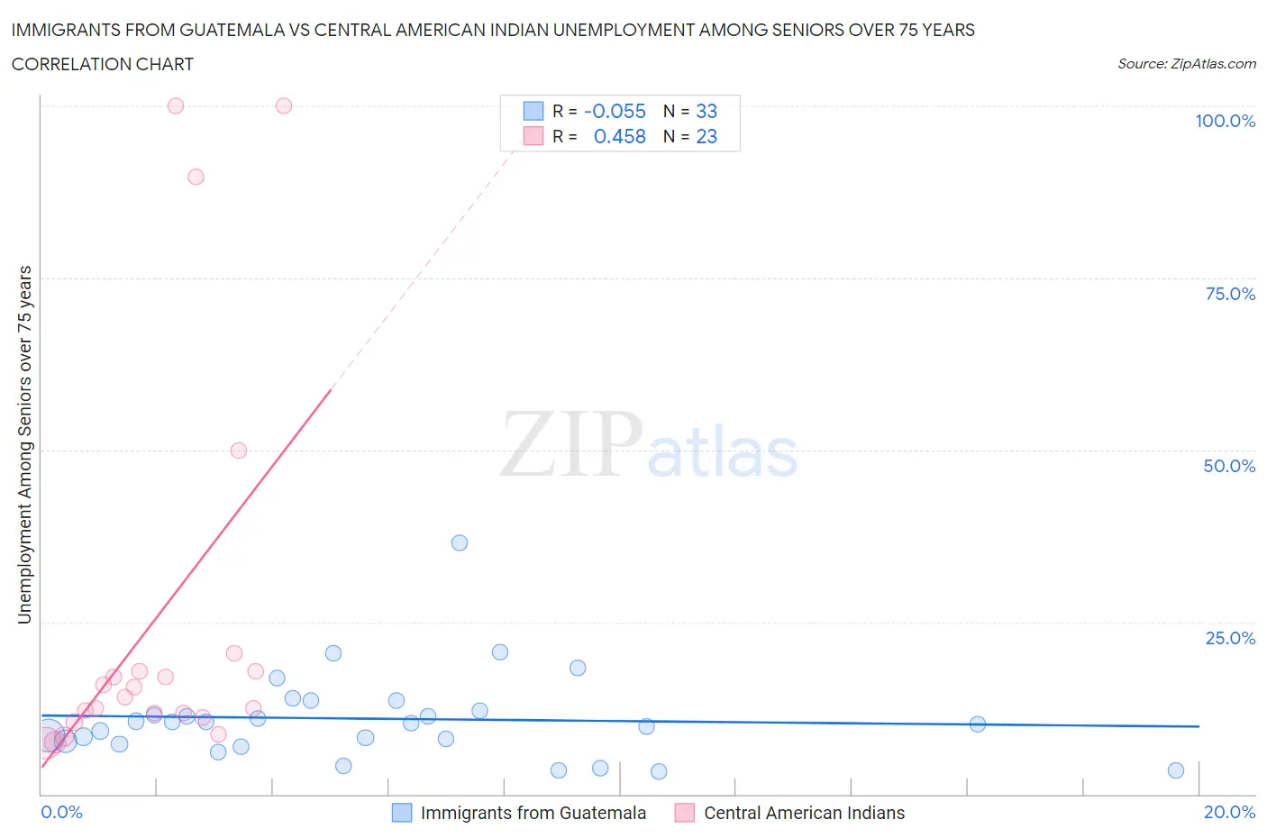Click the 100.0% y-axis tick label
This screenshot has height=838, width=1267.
coord(1225,121)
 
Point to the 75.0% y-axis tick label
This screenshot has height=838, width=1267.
coord(1229,294)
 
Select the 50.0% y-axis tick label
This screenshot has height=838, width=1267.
coord(1229,466)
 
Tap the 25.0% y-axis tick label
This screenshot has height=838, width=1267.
coord(1229,638)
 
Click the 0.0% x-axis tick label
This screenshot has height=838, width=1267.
coord(61,812)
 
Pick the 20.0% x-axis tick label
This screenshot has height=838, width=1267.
coord(1229,812)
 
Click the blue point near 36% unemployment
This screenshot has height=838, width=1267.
coord(460,542)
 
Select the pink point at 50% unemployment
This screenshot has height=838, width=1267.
coord(239,451)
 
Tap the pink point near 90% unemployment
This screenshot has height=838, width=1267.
coord(196,177)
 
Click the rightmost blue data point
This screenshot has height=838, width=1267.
coord(1176,770)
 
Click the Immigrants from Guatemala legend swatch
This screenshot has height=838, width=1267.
coord(402,813)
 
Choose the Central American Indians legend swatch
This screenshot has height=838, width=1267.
coord(685,813)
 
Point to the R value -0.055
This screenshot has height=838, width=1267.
coord(615,111)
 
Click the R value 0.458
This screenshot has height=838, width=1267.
coord(619,136)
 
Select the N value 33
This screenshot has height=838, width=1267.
coord(706,111)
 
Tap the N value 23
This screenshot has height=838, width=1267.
coord(706,136)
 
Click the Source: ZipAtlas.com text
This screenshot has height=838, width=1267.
coord(1186,63)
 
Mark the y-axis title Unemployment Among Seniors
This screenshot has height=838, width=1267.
coord(24,444)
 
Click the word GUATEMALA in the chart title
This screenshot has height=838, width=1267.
coord(243,30)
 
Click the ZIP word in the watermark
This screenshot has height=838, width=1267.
coord(571,443)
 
